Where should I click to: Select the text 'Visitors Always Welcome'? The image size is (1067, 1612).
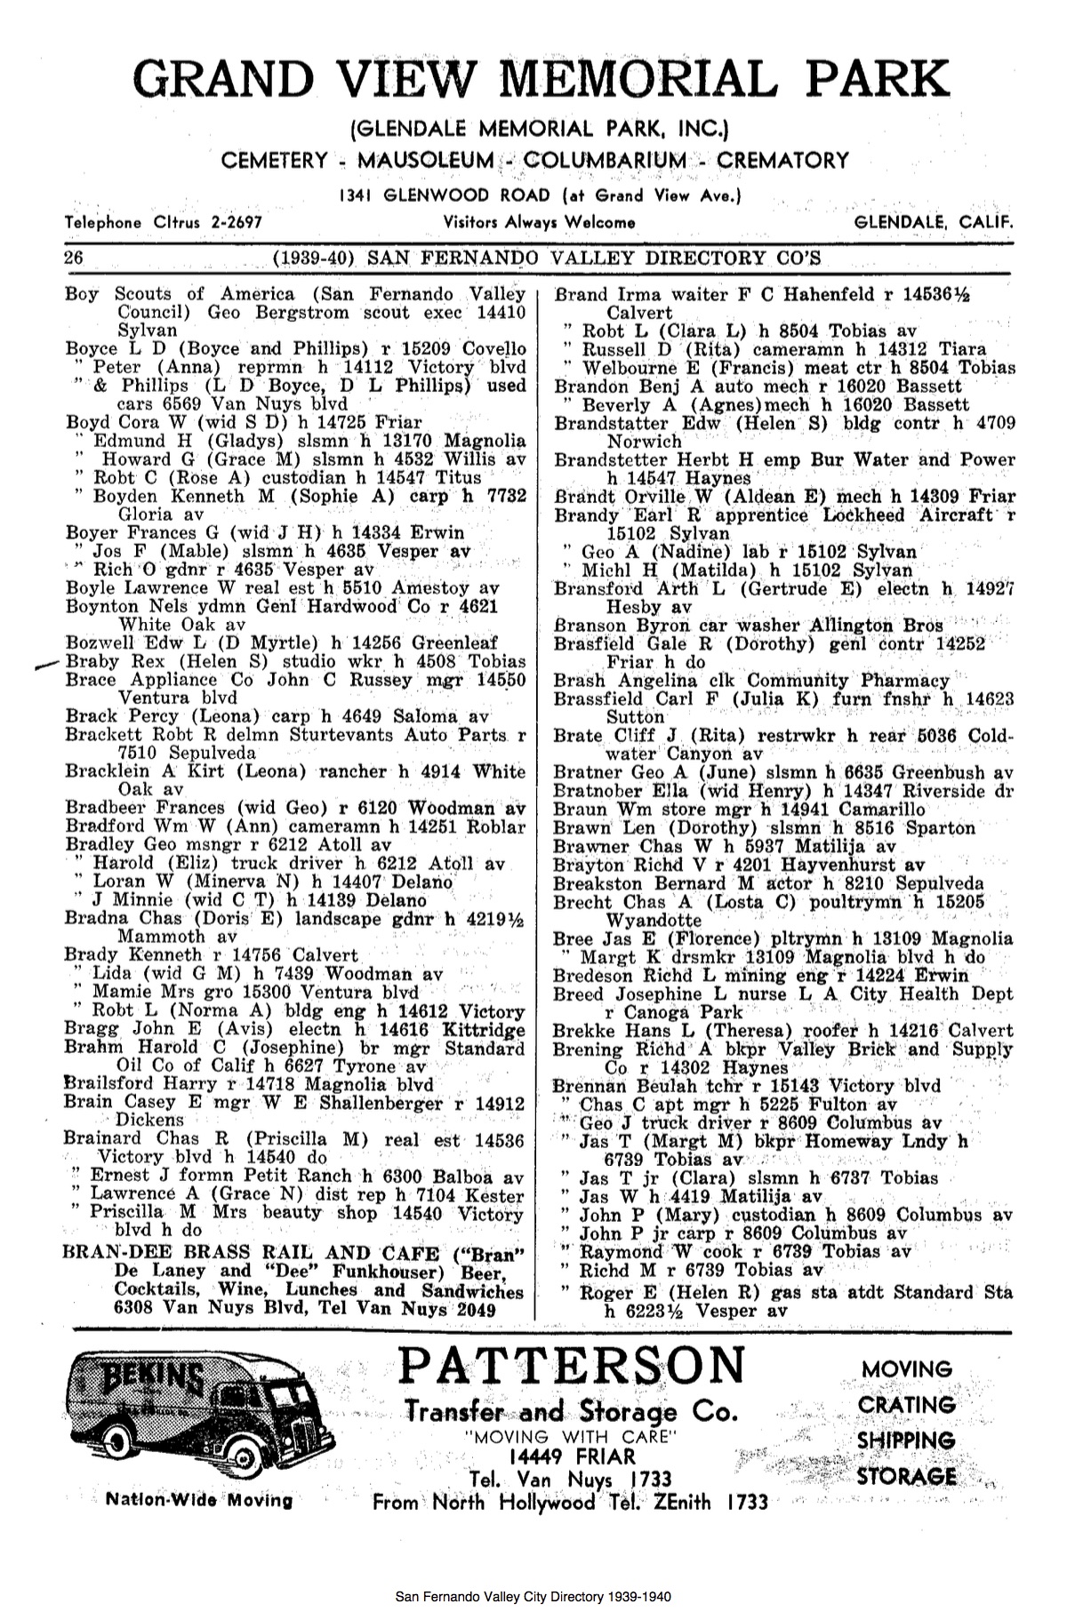539,222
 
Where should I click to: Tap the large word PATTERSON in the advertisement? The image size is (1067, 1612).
572,1366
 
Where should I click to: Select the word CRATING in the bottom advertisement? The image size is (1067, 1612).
907,1405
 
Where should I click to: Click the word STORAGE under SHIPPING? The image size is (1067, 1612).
907,1477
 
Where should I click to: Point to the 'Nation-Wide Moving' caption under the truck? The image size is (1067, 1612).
199,1501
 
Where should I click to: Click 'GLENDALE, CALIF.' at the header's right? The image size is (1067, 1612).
933,222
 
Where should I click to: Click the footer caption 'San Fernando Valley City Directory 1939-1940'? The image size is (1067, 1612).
533,1597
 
